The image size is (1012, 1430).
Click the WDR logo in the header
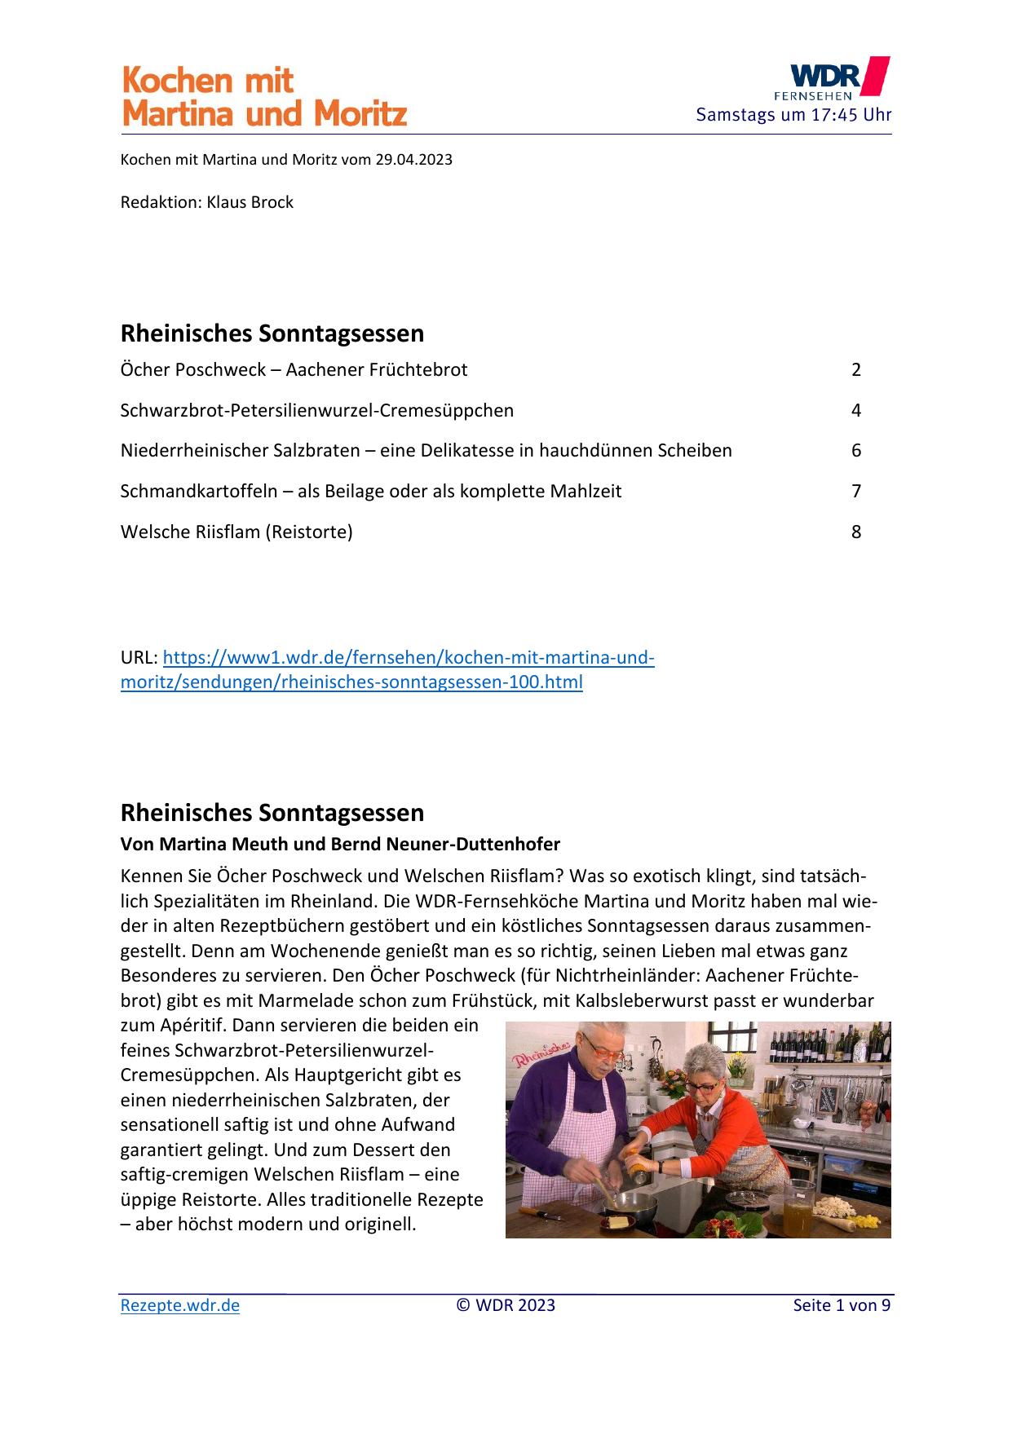tap(838, 78)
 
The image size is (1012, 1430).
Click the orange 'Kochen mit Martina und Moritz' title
tap(264, 97)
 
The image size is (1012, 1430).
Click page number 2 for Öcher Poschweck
tap(856, 370)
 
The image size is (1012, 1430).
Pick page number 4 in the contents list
tap(856, 410)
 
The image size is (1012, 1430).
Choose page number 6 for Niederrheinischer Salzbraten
tap(856, 451)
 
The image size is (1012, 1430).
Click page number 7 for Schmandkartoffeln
tap(856, 492)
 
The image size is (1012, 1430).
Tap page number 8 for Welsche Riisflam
tap(856, 532)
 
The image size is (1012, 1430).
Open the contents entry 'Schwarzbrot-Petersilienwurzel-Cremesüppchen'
tap(316, 410)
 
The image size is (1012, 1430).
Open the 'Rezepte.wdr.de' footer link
tap(180, 1305)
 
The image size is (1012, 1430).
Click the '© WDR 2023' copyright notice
tap(506, 1305)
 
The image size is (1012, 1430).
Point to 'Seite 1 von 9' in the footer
tap(842, 1305)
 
